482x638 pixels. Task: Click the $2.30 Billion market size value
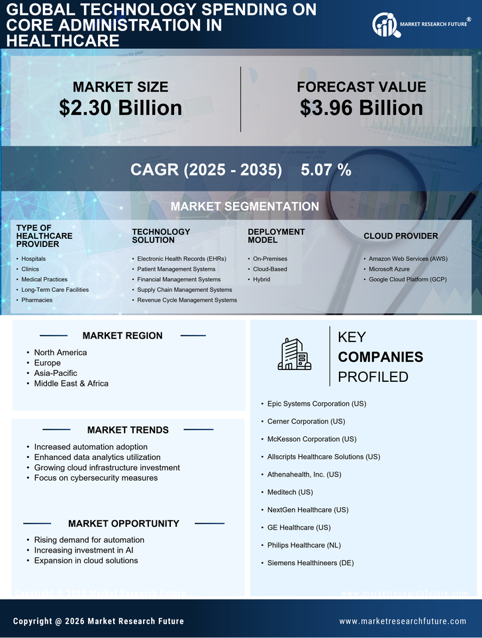pos(120,108)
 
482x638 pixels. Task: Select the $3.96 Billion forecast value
pos(361,108)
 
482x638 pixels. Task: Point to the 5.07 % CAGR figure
pos(326,169)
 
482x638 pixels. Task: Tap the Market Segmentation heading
pos(244,206)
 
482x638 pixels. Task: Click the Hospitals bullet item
pos(33,259)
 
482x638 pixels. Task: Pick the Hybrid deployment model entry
pos(262,279)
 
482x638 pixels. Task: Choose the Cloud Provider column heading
pos(401,236)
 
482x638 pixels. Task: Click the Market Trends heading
pos(128,430)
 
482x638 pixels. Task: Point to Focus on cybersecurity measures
pos(96,478)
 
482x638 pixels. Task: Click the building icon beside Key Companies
pos(294,354)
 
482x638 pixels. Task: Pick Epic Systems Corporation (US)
pos(316,404)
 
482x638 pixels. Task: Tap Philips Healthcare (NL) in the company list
pos(304,545)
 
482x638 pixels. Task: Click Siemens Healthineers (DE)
pos(311,563)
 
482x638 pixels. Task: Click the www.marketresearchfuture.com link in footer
pos(403,621)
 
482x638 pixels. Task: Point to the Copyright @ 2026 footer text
pos(99,621)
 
